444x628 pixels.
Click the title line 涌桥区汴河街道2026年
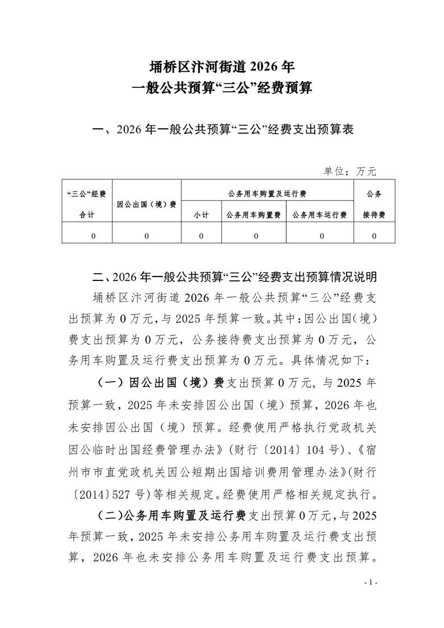click(222, 67)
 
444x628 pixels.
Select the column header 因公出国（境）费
click(147, 204)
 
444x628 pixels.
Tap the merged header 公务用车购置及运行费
click(267, 194)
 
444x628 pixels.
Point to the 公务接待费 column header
click(373, 204)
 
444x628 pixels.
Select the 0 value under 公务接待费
click(373, 236)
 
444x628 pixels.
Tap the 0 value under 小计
click(200, 236)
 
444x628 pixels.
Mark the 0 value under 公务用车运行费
click(319, 236)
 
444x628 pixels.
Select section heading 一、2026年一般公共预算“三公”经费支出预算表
click(222, 130)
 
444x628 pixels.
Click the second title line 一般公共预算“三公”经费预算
click(222, 88)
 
